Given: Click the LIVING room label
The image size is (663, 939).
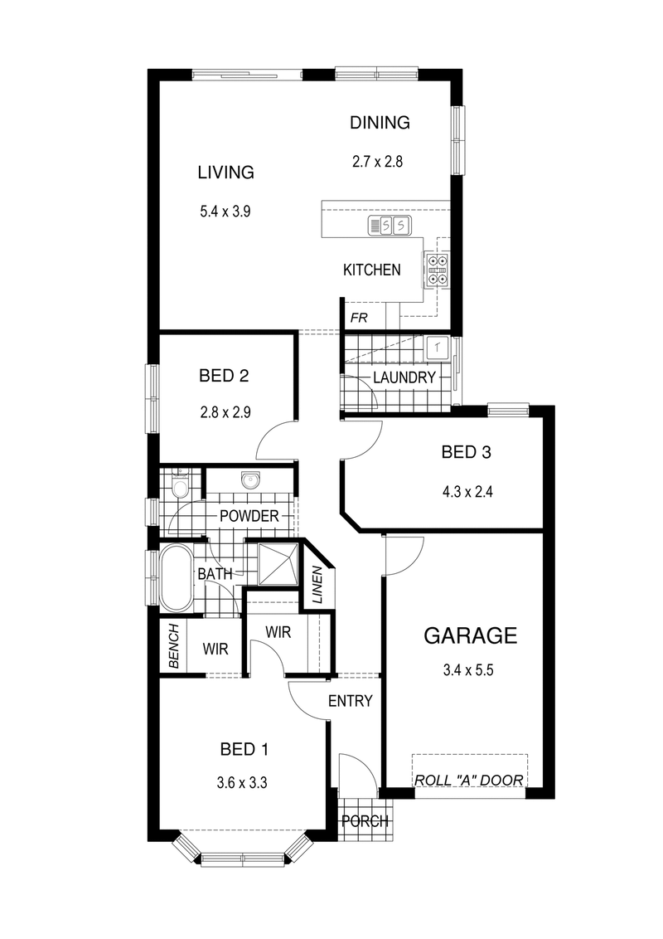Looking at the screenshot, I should (x=225, y=173).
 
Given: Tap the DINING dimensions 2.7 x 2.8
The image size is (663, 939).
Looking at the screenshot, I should (x=377, y=163).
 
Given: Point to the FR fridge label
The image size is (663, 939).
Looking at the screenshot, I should (x=359, y=319).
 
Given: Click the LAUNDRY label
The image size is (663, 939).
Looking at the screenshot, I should (x=404, y=378).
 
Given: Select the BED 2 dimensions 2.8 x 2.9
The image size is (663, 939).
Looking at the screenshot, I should (x=225, y=412).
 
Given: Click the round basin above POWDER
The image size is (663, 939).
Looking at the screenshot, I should (x=249, y=480).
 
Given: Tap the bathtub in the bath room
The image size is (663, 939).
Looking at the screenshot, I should (x=174, y=577).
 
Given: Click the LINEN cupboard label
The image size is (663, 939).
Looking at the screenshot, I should (x=317, y=585).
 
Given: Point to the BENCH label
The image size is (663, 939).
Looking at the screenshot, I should (x=173, y=646).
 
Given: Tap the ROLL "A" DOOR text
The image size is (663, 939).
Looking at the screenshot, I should (x=469, y=780).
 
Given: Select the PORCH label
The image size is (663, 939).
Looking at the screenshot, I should (x=365, y=822).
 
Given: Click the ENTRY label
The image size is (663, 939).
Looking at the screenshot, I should (x=350, y=701).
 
